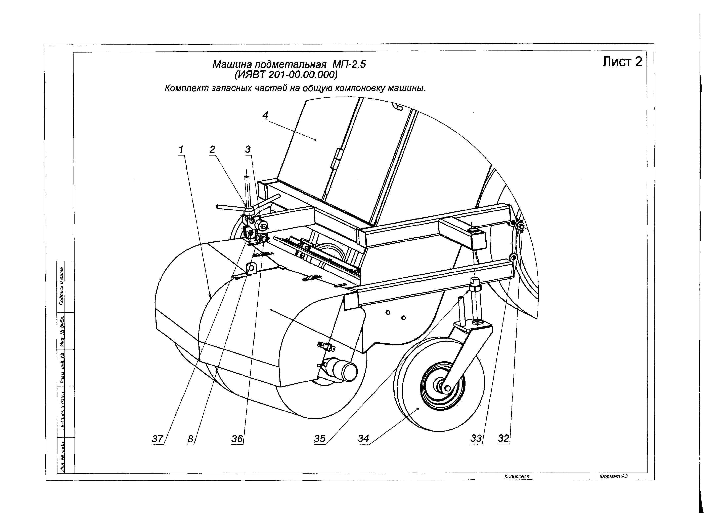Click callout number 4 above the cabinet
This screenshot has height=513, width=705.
tap(265, 115)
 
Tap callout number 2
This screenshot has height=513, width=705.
tap(212, 149)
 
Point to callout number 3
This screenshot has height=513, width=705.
tap(248, 149)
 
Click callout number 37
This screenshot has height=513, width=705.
tap(157, 439)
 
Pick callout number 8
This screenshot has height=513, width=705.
tap(190, 439)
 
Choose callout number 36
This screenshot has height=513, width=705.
tap(237, 439)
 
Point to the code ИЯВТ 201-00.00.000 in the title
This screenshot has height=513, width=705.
tap(286, 75)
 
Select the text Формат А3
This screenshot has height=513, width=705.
tap(614, 476)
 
